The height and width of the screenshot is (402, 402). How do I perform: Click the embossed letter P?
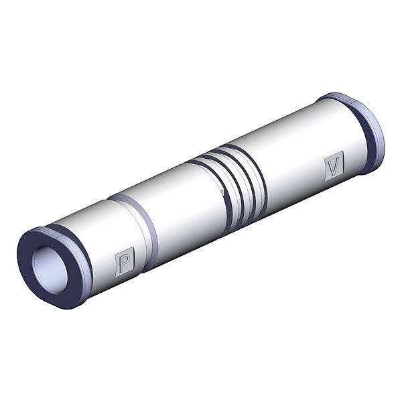pos(125,261)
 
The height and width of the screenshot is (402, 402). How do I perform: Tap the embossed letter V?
pos(334,166)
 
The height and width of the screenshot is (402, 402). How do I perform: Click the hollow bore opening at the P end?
pos(50,269)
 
